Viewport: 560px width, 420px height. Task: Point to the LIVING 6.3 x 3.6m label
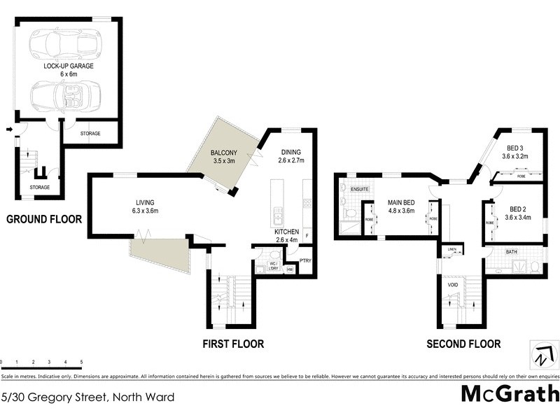click(x=146, y=206)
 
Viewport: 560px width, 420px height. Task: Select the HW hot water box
click(x=290, y=269)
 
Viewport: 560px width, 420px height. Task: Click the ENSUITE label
click(x=360, y=189)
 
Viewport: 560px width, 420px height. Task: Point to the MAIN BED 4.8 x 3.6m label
click(x=401, y=206)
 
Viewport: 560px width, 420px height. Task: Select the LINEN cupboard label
click(x=452, y=249)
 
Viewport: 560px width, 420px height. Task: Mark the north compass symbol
click(x=539, y=356)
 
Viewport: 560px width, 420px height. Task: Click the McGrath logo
click(x=510, y=394)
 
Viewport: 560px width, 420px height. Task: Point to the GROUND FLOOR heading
click(x=44, y=219)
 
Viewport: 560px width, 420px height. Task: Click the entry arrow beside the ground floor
click(x=8, y=129)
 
